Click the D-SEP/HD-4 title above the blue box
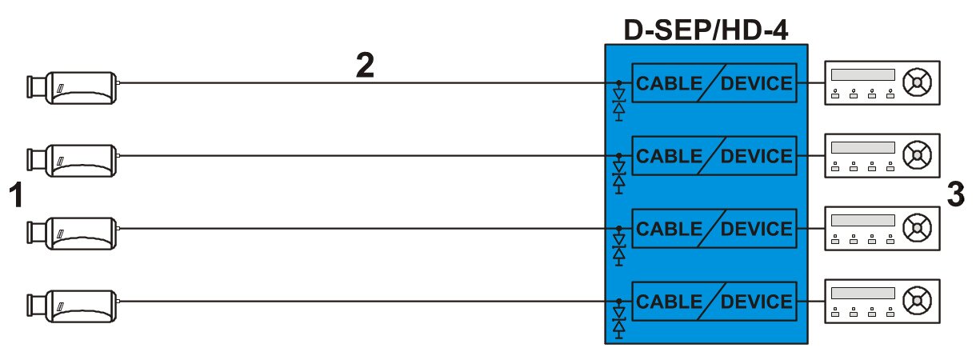point(706,30)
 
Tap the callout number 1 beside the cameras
point(16,195)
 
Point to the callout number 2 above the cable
point(365,65)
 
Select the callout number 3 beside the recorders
point(955,194)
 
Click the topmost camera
point(72,88)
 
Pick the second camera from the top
point(72,160)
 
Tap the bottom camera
point(72,306)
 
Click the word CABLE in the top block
point(669,83)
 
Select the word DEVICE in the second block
point(757,156)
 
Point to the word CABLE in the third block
point(669,229)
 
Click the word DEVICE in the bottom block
point(757,302)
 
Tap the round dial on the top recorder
point(917,82)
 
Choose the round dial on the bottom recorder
point(917,300)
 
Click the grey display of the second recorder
point(862,147)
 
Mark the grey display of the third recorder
point(862,220)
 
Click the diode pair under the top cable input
point(618,104)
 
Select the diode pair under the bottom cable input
point(618,322)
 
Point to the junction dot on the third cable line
point(618,228)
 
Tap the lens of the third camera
point(36,233)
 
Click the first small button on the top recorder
point(835,94)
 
